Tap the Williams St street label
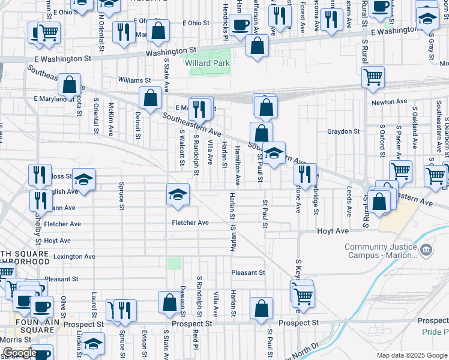(x=134, y=80)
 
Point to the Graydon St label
(x=343, y=131)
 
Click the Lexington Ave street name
(x=74, y=256)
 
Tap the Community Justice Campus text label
(x=380, y=251)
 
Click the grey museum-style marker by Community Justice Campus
(x=425, y=249)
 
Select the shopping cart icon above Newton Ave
(x=373, y=77)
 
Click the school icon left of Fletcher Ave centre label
(x=178, y=194)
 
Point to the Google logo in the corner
(x=19, y=353)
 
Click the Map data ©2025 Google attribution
(x=411, y=355)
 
